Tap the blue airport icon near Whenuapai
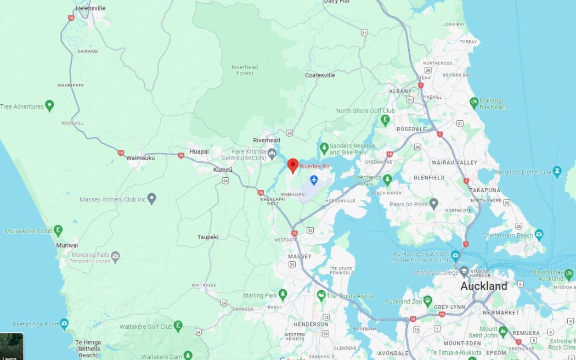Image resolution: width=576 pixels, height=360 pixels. pos(314,179)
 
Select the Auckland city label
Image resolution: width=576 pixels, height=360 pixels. pos(483,286)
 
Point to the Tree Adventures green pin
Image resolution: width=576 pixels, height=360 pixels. pos(49,105)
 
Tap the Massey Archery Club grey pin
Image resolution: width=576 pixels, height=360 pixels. pos(152,198)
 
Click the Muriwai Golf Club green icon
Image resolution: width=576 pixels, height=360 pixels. pos(58,230)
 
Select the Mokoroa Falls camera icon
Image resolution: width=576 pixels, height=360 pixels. pos(115,256)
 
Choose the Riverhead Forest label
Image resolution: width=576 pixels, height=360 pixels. pos(244,70)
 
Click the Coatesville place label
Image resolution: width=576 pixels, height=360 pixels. pos(320,75)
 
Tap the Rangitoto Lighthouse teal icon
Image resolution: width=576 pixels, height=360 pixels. pos(557,171)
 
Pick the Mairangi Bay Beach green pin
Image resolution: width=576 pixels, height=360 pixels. pos(474,103)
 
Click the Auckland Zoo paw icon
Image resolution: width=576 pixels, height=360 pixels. pos(427,301)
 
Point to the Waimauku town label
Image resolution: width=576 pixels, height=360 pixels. pos(140,157)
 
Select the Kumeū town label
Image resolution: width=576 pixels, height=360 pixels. pos(222,170)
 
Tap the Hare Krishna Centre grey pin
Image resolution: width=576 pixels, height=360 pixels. pos(272,152)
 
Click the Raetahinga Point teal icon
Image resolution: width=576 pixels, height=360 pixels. pos(64,323)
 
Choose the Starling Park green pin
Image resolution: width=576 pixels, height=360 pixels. pos(283,295)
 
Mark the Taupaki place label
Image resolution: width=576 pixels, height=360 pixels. pos(208,237)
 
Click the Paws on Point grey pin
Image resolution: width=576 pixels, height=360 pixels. pos(434,205)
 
